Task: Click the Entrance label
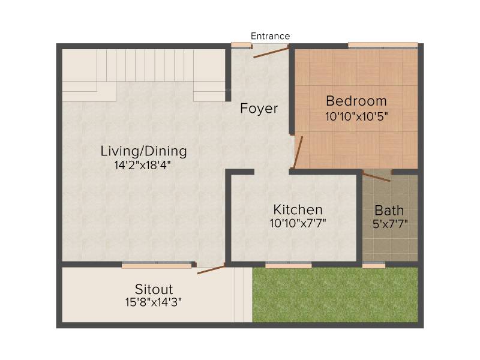coord(270,36)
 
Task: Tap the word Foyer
coord(259,109)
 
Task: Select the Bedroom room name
coord(356,101)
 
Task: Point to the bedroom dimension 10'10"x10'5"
coord(356,116)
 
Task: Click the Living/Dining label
coord(143,151)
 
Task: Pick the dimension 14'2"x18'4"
coord(142,166)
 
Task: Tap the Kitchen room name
coord(298,210)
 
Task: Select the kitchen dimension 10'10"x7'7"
coord(298,223)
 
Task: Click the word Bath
coord(389,211)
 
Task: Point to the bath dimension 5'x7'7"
coord(390,224)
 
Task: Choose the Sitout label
coord(154,289)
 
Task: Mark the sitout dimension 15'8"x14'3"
coord(154,302)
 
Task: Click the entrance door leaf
coord(271,52)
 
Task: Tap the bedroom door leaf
coord(298,152)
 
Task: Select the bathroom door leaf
coord(377,176)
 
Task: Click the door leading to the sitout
coord(211,269)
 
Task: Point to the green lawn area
coord(335,295)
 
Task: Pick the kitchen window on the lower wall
coord(289,265)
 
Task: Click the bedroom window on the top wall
coord(383,46)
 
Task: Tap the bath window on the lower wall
coord(374,265)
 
